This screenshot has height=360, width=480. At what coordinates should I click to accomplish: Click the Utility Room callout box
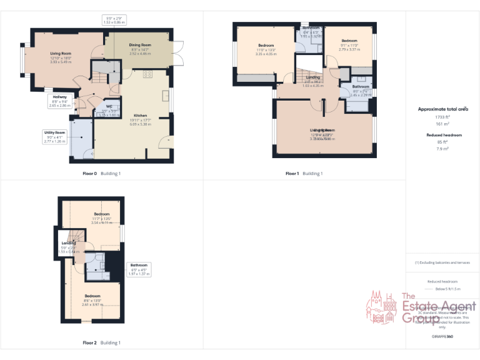click(x=55, y=137)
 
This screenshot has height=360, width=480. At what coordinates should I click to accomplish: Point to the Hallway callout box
click(x=59, y=101)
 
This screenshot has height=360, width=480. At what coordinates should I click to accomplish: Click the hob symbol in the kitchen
click(x=148, y=74)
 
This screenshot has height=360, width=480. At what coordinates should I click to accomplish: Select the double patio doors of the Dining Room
click(x=177, y=54)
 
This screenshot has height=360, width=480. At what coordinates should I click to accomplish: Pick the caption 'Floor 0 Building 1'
click(x=101, y=173)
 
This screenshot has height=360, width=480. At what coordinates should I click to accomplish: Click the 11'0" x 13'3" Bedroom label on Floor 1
click(x=266, y=49)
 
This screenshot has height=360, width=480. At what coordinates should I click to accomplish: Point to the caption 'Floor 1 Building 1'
click(x=304, y=173)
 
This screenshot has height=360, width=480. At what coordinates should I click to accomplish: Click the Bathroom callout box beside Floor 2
click(x=139, y=269)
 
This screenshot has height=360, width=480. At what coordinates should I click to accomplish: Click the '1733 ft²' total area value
click(x=442, y=117)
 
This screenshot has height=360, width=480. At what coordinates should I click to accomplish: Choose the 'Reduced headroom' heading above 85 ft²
click(x=444, y=135)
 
